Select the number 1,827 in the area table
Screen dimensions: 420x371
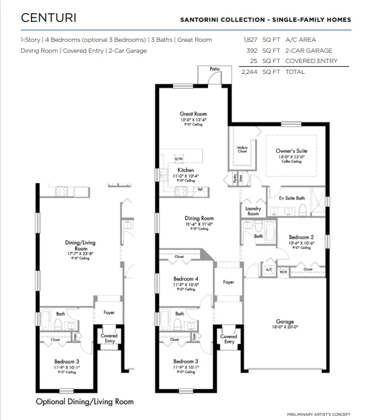point(250,39)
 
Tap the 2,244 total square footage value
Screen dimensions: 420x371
point(249,72)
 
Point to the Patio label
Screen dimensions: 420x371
point(214,69)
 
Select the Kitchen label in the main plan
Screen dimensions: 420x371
point(185,170)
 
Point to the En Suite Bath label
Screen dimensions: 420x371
point(293,198)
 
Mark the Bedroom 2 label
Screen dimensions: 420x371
point(301,237)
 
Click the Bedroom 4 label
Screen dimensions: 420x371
point(185,279)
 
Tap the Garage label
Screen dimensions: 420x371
point(284,322)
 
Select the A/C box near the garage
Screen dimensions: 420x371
point(269,269)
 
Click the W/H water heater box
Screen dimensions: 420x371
point(282,272)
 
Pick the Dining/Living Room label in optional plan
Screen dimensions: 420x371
point(80,245)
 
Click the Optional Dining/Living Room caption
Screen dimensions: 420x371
point(84,401)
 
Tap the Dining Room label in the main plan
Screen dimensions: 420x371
point(199,218)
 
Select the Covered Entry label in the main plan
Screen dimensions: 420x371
point(229,339)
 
